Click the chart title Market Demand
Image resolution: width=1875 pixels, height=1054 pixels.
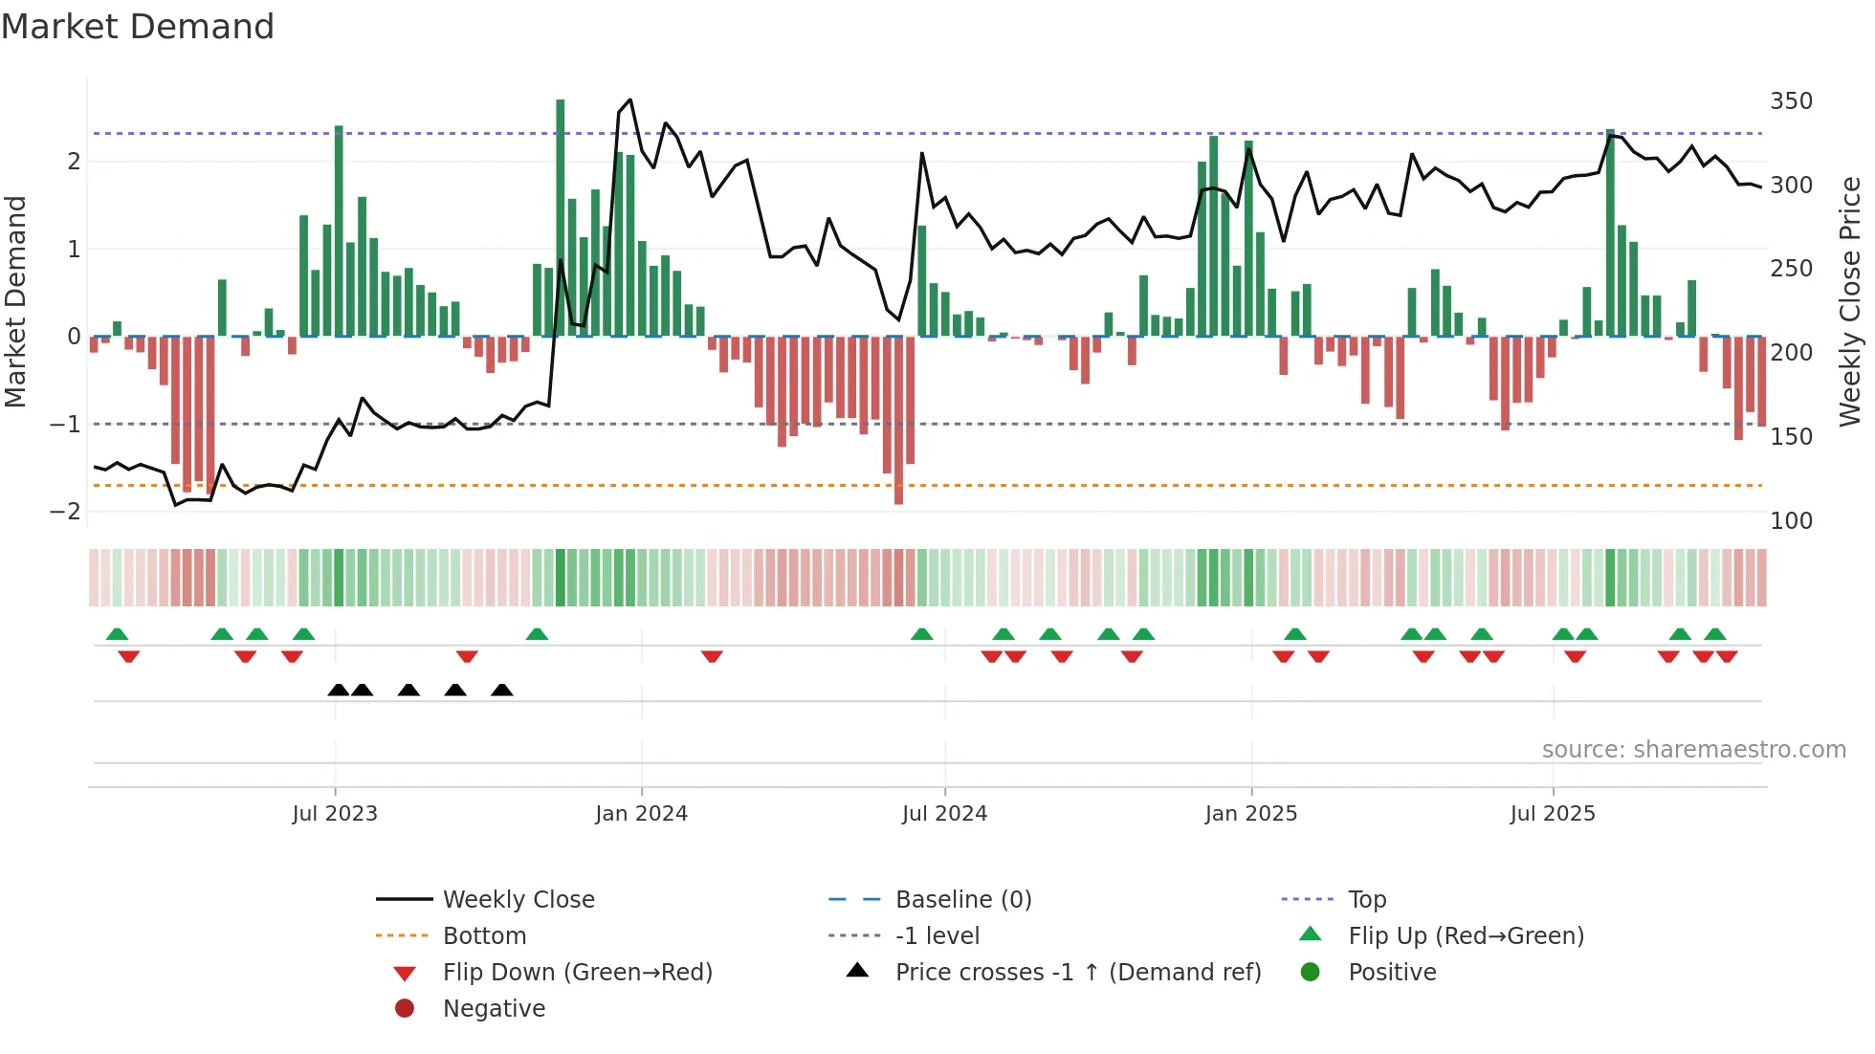pos(138,27)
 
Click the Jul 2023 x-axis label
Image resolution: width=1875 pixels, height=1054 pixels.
pos(335,814)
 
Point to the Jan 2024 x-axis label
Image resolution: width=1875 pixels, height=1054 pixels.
pos(641,814)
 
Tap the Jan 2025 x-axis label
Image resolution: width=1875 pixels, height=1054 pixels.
pos(1250,814)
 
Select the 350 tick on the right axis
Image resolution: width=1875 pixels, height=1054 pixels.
pos(1791,101)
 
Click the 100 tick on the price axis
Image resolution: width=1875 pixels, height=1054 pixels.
pos(1791,521)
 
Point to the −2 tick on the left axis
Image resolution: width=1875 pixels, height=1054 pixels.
pos(65,511)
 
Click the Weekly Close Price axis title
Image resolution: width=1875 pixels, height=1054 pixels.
pos(1850,301)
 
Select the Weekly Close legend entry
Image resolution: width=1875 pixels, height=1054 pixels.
pos(518,900)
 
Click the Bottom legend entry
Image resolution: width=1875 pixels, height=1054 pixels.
pos(484,936)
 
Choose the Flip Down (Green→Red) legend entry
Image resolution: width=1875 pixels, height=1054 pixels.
pos(577,973)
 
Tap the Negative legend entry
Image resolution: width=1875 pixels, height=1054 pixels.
pos(494,1009)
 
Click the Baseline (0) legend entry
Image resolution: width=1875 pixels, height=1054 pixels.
pos(962,900)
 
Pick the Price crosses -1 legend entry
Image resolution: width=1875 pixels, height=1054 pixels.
pos(1077,973)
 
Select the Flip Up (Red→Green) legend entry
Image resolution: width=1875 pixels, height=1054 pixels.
pos(1466,936)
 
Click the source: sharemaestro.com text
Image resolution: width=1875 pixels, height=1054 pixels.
pos(1693,750)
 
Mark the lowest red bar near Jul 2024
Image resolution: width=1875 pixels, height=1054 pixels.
pos(898,421)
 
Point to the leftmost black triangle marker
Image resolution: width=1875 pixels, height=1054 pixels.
pos(338,690)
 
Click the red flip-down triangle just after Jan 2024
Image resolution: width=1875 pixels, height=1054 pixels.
pos(712,656)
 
